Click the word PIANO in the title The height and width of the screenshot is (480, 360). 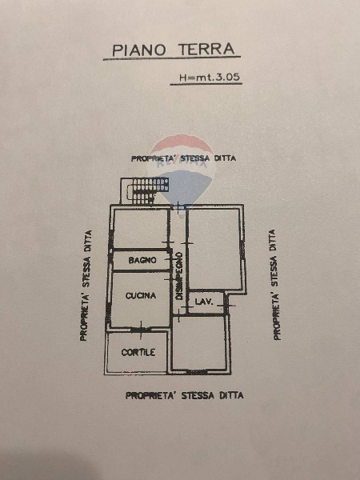pyautogui.click(x=139, y=50)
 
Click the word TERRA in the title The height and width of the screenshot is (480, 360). pyautogui.click(x=206, y=50)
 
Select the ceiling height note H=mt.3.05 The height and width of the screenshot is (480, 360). pyautogui.click(x=209, y=77)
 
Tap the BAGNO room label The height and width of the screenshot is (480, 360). pyautogui.click(x=142, y=260)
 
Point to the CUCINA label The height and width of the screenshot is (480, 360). pyautogui.click(x=141, y=296)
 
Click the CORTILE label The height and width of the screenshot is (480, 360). pyautogui.click(x=138, y=352)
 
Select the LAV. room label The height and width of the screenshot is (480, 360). pyautogui.click(x=203, y=302)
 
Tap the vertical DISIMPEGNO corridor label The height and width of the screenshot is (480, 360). pyautogui.click(x=179, y=276)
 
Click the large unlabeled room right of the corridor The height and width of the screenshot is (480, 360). pyautogui.click(x=214, y=249)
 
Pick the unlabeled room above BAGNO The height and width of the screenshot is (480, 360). pyautogui.click(x=141, y=228)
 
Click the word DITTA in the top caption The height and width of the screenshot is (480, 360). pyautogui.click(x=225, y=158)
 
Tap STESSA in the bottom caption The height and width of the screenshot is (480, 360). pyautogui.click(x=198, y=395)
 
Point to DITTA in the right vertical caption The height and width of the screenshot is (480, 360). pyautogui.click(x=273, y=241)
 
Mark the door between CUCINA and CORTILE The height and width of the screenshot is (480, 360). pyautogui.click(x=141, y=330)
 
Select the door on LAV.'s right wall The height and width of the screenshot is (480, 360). pyautogui.click(x=227, y=304)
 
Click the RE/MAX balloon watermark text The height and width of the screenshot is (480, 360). pyautogui.click(x=182, y=163)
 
